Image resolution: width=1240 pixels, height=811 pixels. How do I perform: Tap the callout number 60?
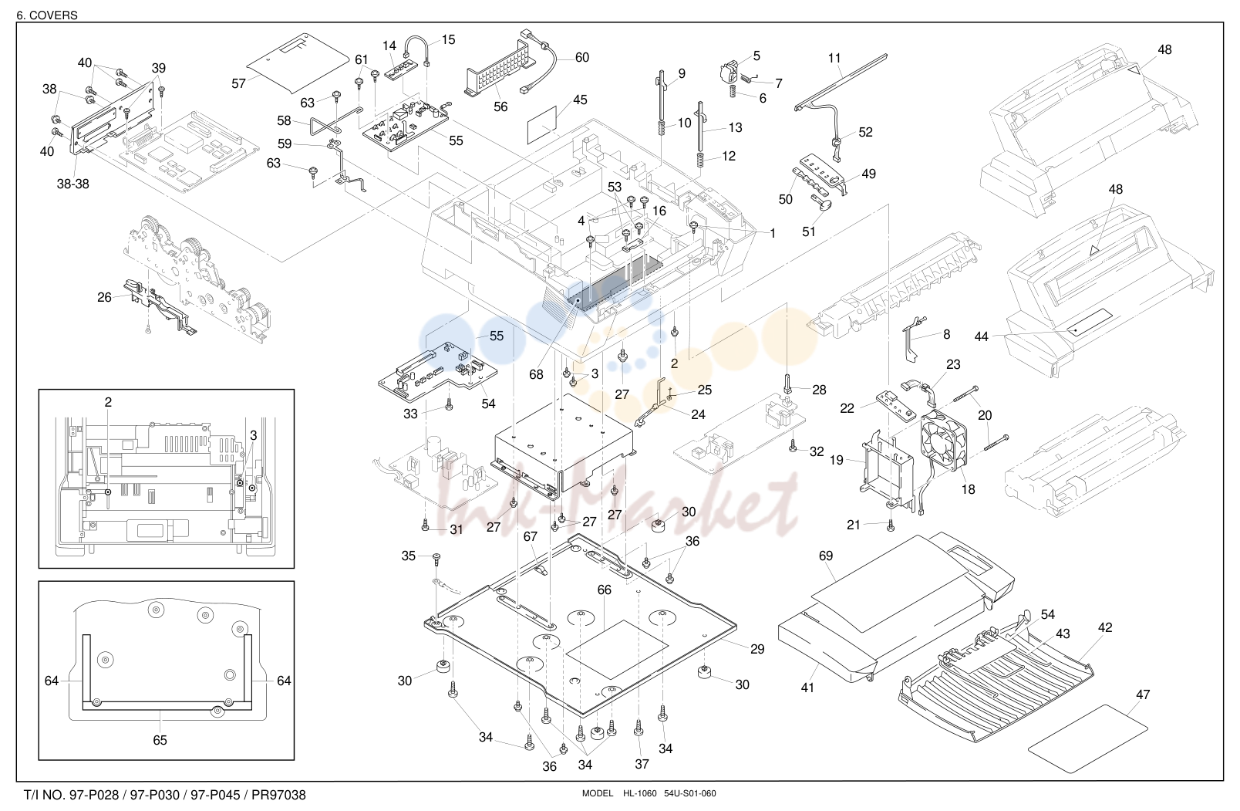tap(581, 58)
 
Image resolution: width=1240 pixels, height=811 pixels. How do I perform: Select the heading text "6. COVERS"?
tap(47, 15)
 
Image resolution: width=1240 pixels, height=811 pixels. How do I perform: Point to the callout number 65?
tap(160, 740)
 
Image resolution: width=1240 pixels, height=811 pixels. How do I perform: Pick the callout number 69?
tap(825, 556)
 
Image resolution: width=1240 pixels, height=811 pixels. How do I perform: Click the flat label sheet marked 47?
tap(1088, 738)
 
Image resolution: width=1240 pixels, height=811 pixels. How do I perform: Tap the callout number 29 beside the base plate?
tap(756, 649)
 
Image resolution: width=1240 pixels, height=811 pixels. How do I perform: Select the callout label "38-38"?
tap(73, 184)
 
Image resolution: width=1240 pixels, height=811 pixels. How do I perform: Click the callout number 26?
tap(104, 298)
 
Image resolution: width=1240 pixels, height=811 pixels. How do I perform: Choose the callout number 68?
tap(536, 374)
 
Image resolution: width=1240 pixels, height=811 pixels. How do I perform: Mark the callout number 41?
tap(807, 688)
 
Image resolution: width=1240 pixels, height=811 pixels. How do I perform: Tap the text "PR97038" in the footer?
tap(278, 795)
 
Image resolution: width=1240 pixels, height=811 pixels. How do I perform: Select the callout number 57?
tap(238, 83)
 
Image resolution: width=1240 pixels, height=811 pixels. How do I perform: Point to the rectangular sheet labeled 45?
tap(541, 125)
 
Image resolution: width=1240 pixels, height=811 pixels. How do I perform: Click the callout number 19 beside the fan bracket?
tap(836, 461)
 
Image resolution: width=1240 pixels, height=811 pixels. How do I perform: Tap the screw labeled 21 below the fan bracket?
tap(891, 526)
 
